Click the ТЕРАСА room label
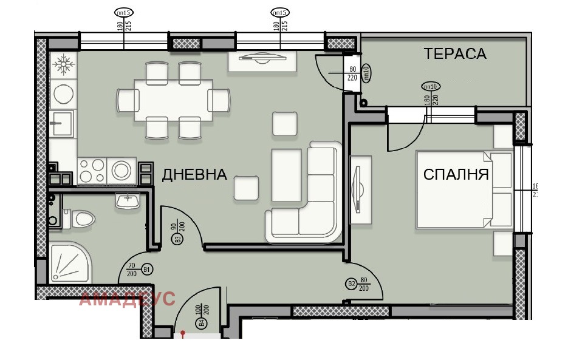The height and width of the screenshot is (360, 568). (x=455, y=53)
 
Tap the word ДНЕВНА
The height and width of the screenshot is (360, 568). (x=194, y=175)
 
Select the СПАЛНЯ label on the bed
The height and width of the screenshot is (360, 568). (x=456, y=175)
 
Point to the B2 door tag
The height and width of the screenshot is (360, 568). (x=351, y=284)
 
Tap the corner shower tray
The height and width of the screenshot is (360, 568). (x=70, y=262)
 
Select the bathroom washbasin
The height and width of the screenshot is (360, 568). (x=128, y=200)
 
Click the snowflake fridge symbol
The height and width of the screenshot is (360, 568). (x=62, y=64)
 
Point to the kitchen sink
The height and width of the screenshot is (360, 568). (x=61, y=124)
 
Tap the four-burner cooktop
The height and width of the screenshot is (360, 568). (x=92, y=169)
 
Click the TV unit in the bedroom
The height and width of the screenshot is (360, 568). (x=360, y=189)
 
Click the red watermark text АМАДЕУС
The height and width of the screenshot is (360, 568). (x=127, y=299)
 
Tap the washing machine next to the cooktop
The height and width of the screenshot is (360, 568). (x=122, y=169)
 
